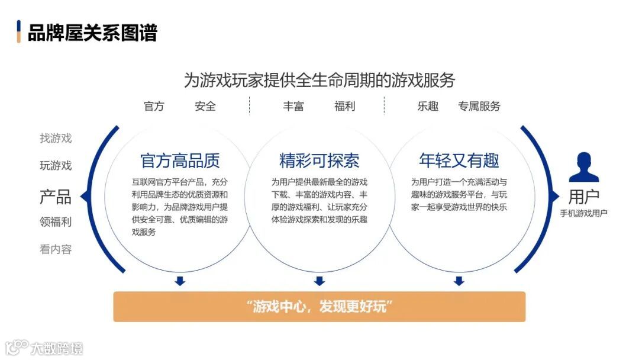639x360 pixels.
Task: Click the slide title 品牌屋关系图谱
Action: [92, 32]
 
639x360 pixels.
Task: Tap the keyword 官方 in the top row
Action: [154, 107]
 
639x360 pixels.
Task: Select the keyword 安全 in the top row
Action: [205, 107]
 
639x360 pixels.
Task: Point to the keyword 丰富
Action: [293, 107]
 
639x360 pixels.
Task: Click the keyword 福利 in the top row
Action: [344, 107]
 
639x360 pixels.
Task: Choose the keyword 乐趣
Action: [428, 107]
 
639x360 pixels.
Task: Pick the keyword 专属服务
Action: [479, 107]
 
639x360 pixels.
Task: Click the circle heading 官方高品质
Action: [180, 160]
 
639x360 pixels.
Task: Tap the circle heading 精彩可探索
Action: [319, 160]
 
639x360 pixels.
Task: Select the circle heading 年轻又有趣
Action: [459, 160]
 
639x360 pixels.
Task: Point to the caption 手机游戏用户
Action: [583, 213]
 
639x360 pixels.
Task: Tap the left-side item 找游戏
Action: [56, 139]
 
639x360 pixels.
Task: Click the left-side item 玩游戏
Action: [56, 166]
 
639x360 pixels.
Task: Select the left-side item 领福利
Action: [56, 222]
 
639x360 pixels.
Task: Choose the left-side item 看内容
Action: [56, 249]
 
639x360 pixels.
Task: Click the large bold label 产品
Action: [56, 197]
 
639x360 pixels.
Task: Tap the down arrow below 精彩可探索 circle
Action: [319, 281]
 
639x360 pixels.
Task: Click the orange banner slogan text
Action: [319, 307]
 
